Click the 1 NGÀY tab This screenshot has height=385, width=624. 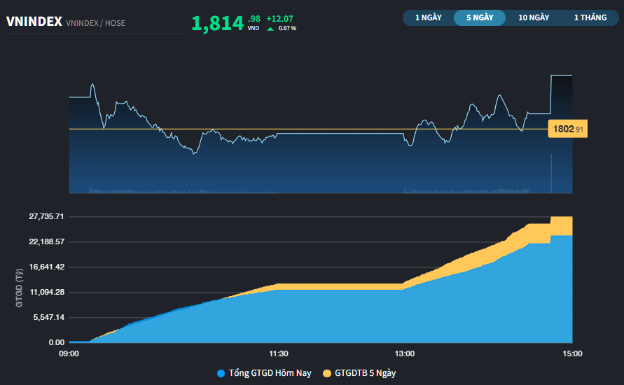click(428, 17)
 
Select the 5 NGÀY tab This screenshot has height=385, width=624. click(480, 17)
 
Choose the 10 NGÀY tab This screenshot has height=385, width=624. click(534, 17)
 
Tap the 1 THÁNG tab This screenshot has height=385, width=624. click(590, 17)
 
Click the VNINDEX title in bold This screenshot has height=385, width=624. click(34, 22)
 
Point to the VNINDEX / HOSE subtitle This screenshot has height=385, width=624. click(95, 23)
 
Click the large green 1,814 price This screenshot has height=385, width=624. click(217, 24)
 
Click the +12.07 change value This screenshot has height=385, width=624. click(280, 18)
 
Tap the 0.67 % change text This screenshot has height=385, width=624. click(287, 28)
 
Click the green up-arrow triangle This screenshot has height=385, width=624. click(270, 28)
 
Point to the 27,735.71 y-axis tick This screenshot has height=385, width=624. click(46, 216)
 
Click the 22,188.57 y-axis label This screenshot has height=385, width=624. click(46, 241)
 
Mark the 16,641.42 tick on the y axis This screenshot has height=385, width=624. click(46, 267)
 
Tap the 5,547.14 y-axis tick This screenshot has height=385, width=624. click(49, 317)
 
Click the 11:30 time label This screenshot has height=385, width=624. click(279, 354)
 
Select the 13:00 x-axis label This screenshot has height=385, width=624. click(404, 354)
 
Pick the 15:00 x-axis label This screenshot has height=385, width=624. click(572, 354)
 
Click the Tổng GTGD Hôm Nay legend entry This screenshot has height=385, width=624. click(264, 373)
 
